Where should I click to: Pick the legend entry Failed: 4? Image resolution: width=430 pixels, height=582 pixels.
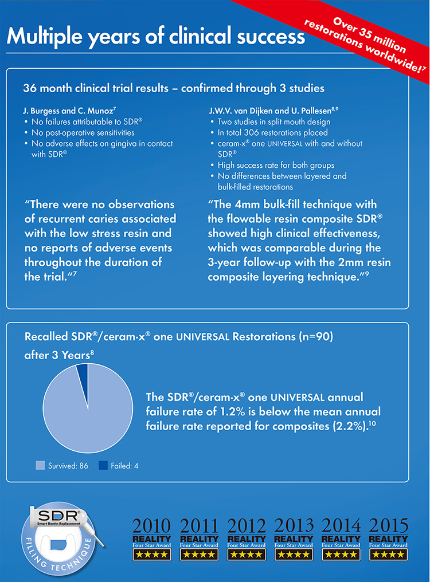coord(119,466)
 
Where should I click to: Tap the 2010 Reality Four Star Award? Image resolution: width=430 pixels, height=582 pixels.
coord(151,538)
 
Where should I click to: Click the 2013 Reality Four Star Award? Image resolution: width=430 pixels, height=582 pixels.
coord(294,538)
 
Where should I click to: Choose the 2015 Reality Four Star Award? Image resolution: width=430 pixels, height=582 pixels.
coord(388,538)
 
